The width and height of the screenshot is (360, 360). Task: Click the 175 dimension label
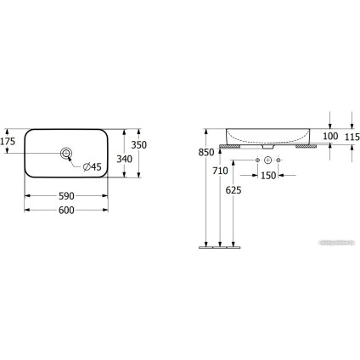pyautogui.click(x=8, y=141)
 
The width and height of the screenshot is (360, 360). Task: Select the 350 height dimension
pyautogui.click(x=150, y=145)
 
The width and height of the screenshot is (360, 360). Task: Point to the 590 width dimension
pyautogui.click(x=66, y=196)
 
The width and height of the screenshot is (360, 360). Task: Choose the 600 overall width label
pyautogui.click(x=66, y=210)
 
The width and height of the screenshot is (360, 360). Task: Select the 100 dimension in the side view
pyautogui.click(x=329, y=136)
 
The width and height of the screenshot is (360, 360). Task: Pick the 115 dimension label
pyautogui.click(x=352, y=136)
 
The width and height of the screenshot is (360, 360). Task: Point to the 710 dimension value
pyautogui.click(x=219, y=171)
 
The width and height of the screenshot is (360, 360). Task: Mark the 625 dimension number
pyautogui.click(x=233, y=190)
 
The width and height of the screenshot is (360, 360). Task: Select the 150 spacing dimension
pyautogui.click(x=268, y=175)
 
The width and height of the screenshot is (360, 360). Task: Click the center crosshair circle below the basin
pyautogui.click(x=268, y=160)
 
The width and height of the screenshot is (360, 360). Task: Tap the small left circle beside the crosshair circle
pyautogui.click(x=256, y=160)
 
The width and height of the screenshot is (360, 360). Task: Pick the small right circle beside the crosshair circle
pyautogui.click(x=281, y=160)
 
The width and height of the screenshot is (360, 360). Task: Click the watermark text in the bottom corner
pyautogui.click(x=335, y=243)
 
